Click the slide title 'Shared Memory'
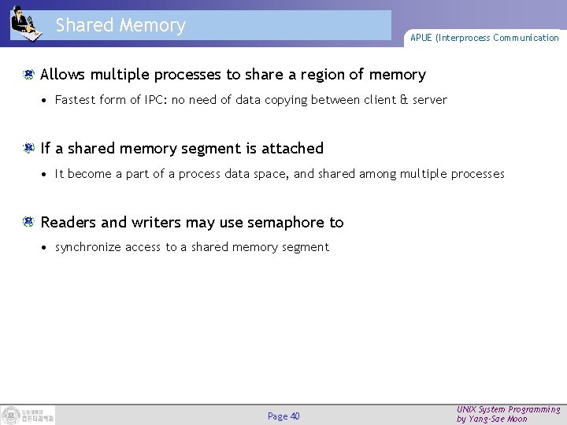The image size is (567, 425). coord(120,25)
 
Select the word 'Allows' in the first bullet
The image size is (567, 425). coord(63,75)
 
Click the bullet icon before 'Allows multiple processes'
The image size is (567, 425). coord(29,75)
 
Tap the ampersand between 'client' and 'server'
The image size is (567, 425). coord(403,100)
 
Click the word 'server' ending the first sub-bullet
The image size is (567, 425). coord(429,100)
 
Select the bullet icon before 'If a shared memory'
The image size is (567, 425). coord(29,148)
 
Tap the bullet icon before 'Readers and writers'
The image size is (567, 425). coord(29,222)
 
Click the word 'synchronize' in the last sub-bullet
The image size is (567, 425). coord(88,247)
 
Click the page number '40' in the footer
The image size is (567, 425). coord(295,416)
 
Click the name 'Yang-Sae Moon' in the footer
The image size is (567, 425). coord(499,419)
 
